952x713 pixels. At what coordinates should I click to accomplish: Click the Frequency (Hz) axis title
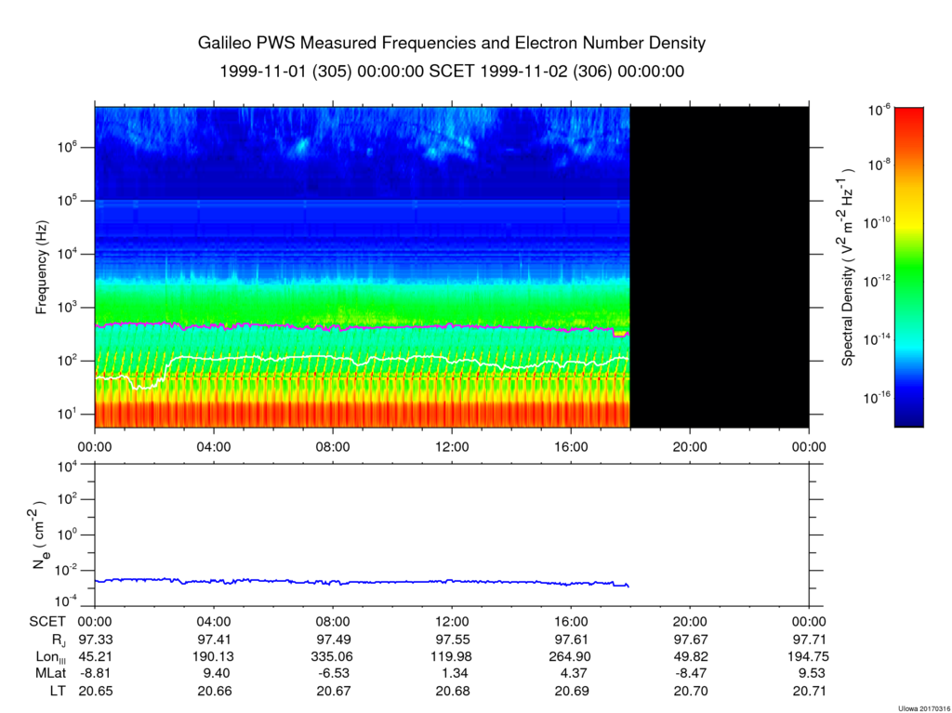click(x=41, y=267)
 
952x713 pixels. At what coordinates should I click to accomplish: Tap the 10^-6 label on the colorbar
click(x=879, y=111)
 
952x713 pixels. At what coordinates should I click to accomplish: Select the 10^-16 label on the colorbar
click(x=877, y=397)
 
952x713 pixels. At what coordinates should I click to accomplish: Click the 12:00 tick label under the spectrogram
click(x=453, y=447)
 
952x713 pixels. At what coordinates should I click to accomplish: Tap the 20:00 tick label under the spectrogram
click(x=691, y=447)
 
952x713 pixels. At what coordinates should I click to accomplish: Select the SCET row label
click(x=47, y=622)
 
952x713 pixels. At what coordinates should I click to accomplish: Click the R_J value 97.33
click(x=96, y=640)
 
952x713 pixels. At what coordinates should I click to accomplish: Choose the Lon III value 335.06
click(x=334, y=656)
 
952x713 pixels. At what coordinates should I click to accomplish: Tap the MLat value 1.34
click(x=453, y=674)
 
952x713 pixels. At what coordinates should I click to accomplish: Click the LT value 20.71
click(x=810, y=691)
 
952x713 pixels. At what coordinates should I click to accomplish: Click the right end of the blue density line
click(x=628, y=587)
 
